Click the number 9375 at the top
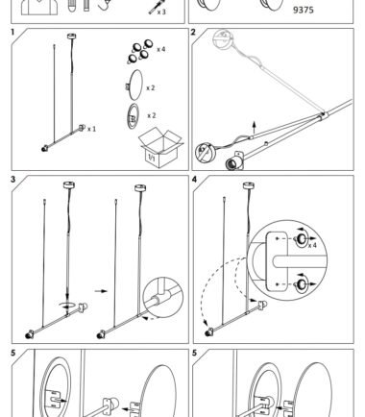pos(304,10)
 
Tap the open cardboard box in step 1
pos(160,147)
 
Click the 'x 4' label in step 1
pos(160,49)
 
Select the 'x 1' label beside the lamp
pos(91,129)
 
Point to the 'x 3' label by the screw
pos(161,12)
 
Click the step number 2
pos(193,32)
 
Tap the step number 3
pos(12,180)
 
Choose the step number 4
pos(194,180)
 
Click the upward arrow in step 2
pos(255,128)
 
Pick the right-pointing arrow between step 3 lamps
pos(101,291)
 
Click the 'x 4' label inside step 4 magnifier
pos(312,245)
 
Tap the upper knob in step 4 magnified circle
pos(302,239)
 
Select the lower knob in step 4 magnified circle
pos(302,284)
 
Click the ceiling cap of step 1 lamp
pos(72,36)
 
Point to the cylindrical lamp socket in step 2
pos(234,161)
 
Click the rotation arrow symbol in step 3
pos(67,305)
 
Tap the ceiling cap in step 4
pos(249,185)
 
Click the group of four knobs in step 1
pos(140,51)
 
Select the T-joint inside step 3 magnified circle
pos(161,296)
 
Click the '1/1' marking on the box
pos(152,158)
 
